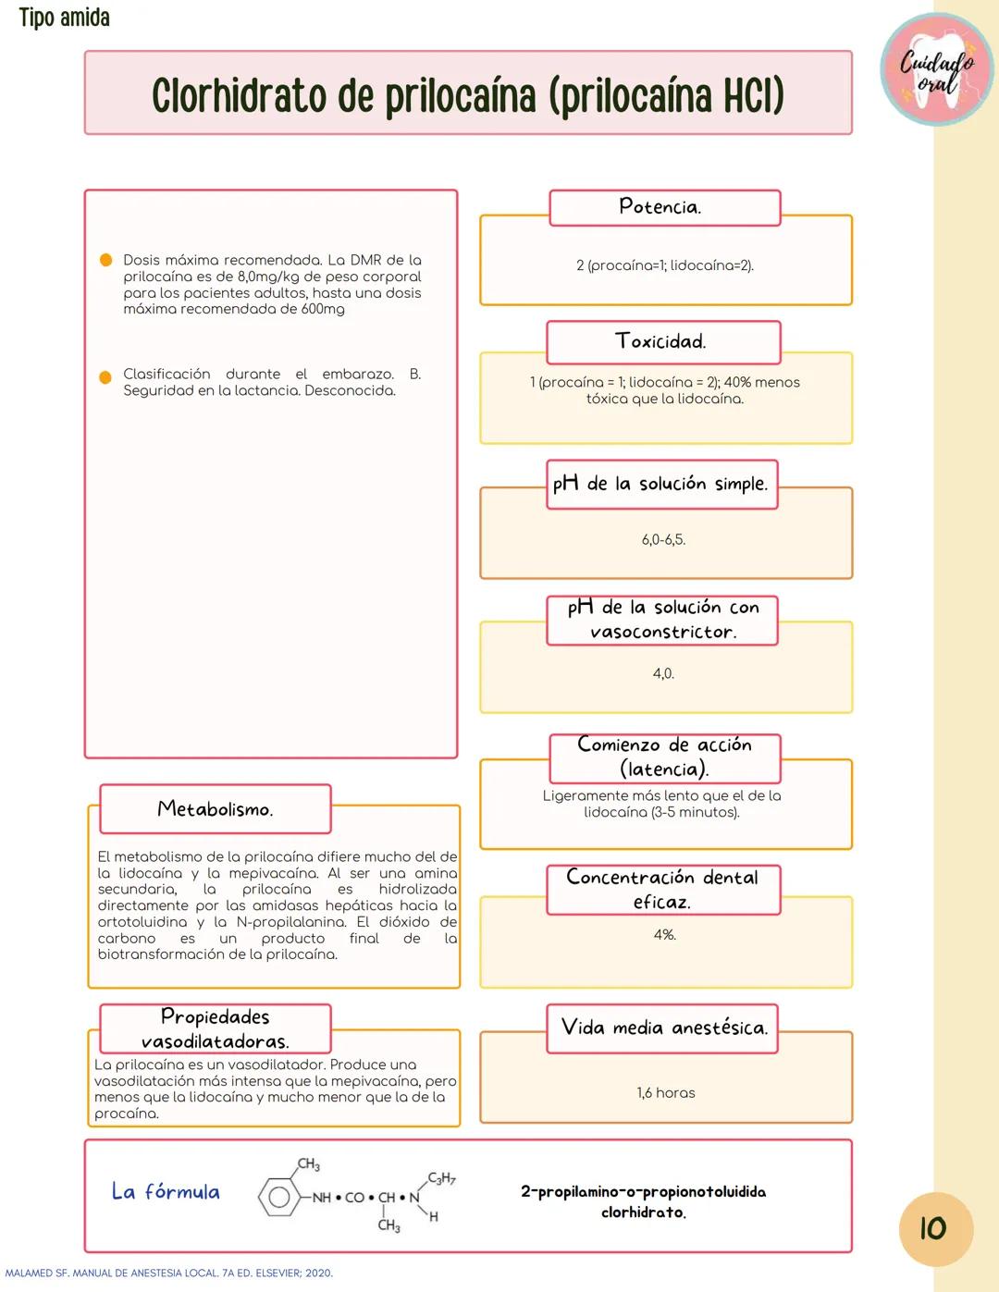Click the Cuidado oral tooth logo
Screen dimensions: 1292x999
[937, 69]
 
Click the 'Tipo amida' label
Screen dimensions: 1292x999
[64, 18]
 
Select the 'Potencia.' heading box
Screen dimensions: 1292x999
[664, 207]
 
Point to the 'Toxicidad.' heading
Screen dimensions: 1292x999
[662, 341]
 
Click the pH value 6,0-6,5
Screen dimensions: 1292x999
[664, 539]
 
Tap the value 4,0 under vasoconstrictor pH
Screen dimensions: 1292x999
[664, 673]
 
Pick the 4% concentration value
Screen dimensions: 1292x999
[664, 935]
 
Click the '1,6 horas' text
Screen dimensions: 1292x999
[665, 1092]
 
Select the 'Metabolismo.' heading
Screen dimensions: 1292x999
[215, 809]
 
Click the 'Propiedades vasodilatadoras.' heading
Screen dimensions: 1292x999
[215, 1028]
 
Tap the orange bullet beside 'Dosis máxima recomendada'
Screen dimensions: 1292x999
[105, 260]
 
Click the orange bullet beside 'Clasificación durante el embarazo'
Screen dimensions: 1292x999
[105, 376]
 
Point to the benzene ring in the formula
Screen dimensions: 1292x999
[277, 1197]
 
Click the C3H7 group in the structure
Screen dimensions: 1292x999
[441, 1178]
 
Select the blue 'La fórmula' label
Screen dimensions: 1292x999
[166, 1191]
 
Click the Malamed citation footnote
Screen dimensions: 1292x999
[168, 1273]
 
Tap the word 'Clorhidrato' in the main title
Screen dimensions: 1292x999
[239, 95]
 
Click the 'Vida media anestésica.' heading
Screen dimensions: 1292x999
[664, 1027]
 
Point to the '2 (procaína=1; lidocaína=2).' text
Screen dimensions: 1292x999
[664, 265]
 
